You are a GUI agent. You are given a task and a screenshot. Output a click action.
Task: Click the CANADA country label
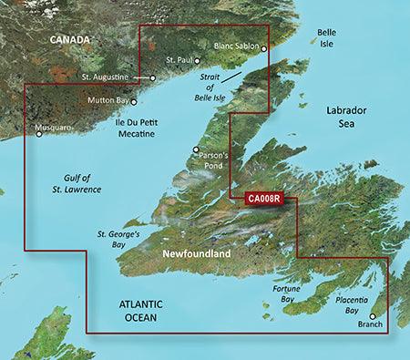[70, 40]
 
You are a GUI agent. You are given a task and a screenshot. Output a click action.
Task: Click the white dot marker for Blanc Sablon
[264, 49]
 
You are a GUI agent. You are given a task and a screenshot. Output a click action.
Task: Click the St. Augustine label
[108, 77]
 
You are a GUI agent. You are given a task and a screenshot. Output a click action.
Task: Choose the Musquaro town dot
[39, 135]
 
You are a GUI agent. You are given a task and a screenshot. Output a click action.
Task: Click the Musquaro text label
[50, 128]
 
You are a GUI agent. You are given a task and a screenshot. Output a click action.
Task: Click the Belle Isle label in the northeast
[326, 37]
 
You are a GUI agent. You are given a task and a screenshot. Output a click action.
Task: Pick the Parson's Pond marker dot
[196, 150]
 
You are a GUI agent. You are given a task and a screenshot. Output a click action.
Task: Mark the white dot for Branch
[372, 316]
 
